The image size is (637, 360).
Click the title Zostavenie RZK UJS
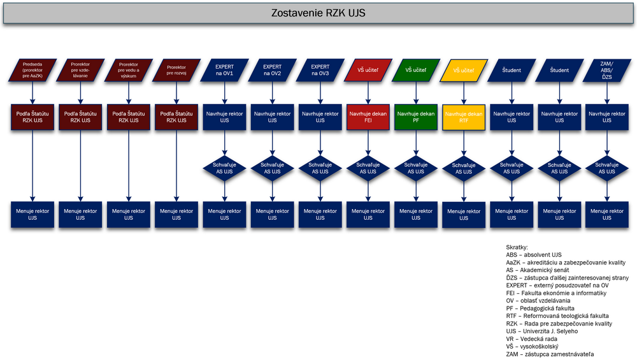point(318,13)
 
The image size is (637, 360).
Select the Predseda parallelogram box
point(32,70)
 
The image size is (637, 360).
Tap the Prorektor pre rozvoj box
point(176,70)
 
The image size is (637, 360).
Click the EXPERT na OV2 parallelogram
point(272,70)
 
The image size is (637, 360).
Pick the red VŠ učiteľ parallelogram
point(368,70)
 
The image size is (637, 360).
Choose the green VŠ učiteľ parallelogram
point(416,70)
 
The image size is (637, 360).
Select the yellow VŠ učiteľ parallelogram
point(464,71)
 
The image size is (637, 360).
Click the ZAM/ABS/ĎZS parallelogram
point(607,70)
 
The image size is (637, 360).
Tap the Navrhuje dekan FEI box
point(368,117)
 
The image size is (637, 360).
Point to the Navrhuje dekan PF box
point(416,117)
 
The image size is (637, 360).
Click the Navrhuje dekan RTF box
point(464,117)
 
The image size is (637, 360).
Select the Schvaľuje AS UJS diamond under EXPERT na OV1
point(224,168)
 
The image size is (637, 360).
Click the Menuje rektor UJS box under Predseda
point(32,215)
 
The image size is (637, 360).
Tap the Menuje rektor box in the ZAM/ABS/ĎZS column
point(607,215)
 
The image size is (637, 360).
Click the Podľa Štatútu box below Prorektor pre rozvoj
point(176,117)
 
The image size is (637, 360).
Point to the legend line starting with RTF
point(557,315)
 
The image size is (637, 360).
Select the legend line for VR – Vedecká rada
point(534,339)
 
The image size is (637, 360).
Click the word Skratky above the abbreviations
point(517,247)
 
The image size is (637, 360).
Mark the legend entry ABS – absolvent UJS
point(533,254)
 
